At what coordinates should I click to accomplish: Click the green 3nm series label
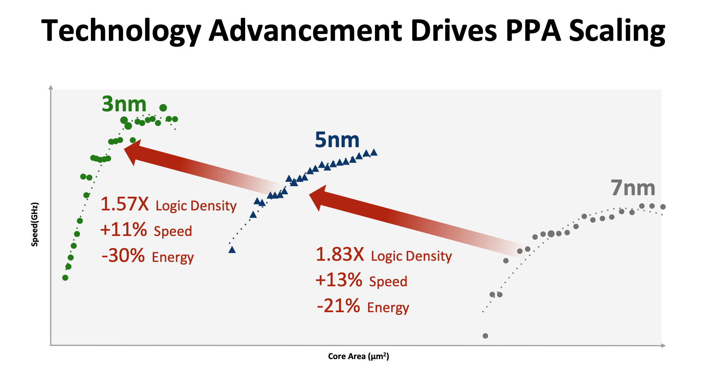pyautogui.click(x=124, y=104)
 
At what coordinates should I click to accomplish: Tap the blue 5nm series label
pyautogui.click(x=337, y=140)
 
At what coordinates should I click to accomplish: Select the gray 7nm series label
pyautogui.click(x=633, y=188)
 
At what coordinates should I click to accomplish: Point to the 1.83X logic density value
pyautogui.click(x=340, y=254)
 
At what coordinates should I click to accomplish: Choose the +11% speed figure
pyautogui.click(x=123, y=230)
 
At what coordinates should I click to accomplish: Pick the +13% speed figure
pyautogui.click(x=339, y=280)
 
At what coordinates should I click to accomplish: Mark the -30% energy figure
pyautogui.click(x=123, y=255)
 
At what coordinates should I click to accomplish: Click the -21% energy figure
pyautogui.click(x=338, y=306)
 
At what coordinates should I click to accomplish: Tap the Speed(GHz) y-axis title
pyautogui.click(x=35, y=225)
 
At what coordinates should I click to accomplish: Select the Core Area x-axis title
pyautogui.click(x=358, y=356)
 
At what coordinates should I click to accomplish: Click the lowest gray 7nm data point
pyautogui.click(x=485, y=336)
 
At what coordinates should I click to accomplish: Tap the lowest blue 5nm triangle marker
pyautogui.click(x=232, y=250)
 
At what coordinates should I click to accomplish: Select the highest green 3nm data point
pyautogui.click(x=163, y=108)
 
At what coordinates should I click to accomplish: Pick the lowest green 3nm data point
pyautogui.click(x=65, y=278)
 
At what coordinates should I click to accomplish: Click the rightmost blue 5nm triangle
pyautogui.click(x=374, y=152)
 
